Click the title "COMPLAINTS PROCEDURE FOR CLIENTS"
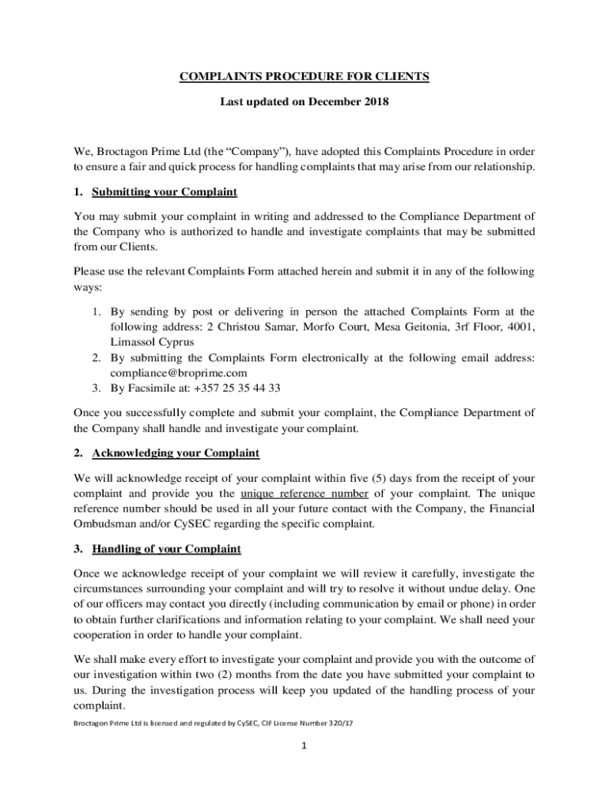[x=304, y=77]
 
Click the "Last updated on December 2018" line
[x=304, y=102]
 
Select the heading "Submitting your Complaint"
[x=165, y=192]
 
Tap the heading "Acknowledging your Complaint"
[x=176, y=453]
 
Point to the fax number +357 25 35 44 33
[x=236, y=388]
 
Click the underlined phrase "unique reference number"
[x=304, y=493]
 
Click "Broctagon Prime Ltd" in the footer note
[x=111, y=723]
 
